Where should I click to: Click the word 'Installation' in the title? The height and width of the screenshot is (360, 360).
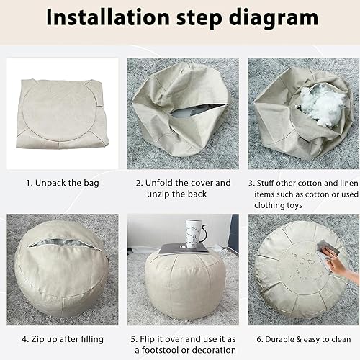click(108, 17)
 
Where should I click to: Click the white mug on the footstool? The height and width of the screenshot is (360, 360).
click(194, 234)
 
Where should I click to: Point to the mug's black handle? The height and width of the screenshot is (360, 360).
click(204, 233)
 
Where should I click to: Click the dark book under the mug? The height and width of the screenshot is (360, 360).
click(184, 248)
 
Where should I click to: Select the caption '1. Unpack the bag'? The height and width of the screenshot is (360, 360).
click(63, 183)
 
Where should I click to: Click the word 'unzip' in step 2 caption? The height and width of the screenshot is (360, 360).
click(158, 194)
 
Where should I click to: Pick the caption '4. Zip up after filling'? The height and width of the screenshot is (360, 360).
click(63, 339)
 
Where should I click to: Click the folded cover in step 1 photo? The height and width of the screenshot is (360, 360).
click(62, 114)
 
